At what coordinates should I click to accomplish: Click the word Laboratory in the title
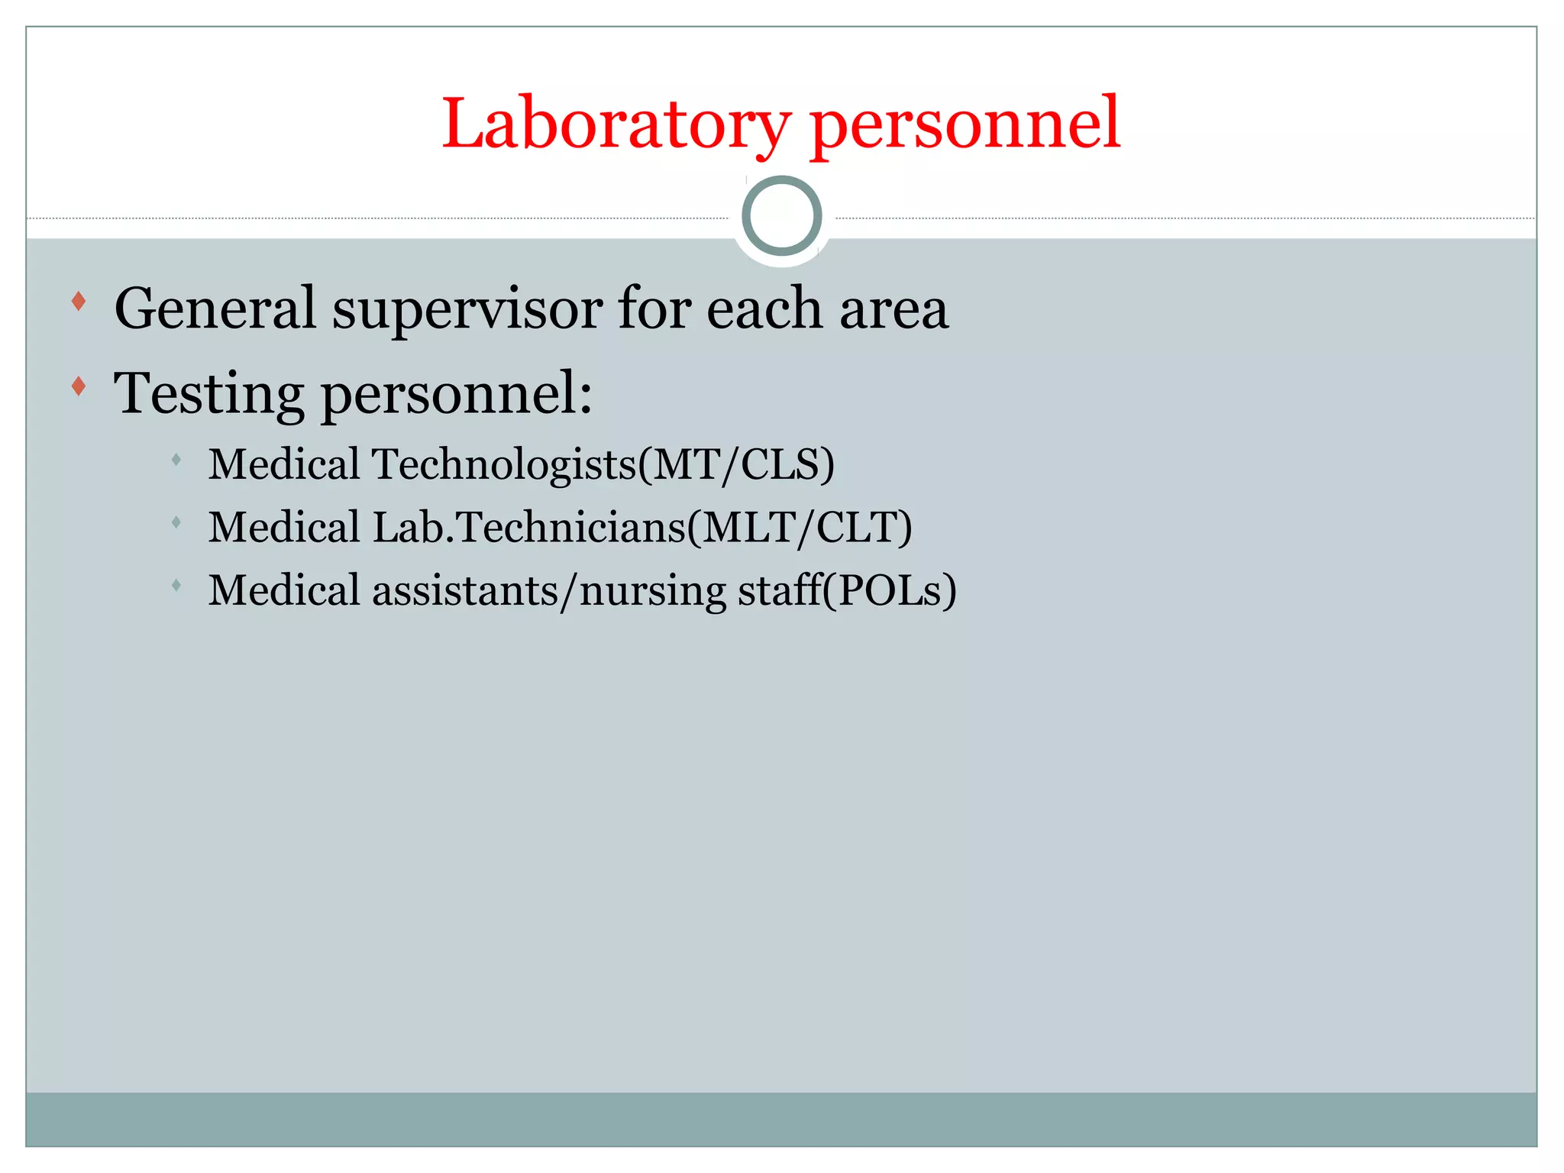click(616, 124)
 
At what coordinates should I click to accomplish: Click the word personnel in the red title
click(965, 124)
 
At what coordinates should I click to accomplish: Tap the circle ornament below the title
click(781, 216)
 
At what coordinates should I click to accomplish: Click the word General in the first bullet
click(215, 309)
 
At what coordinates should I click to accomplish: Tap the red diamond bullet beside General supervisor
click(78, 302)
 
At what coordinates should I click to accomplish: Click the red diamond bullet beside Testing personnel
click(78, 386)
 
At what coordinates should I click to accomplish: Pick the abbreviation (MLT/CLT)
click(800, 527)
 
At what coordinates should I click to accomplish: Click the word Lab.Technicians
click(529, 527)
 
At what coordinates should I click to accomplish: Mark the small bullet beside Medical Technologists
click(176, 460)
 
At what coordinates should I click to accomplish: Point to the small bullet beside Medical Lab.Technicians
click(176, 523)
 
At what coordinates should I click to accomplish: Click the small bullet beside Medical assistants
click(176, 586)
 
